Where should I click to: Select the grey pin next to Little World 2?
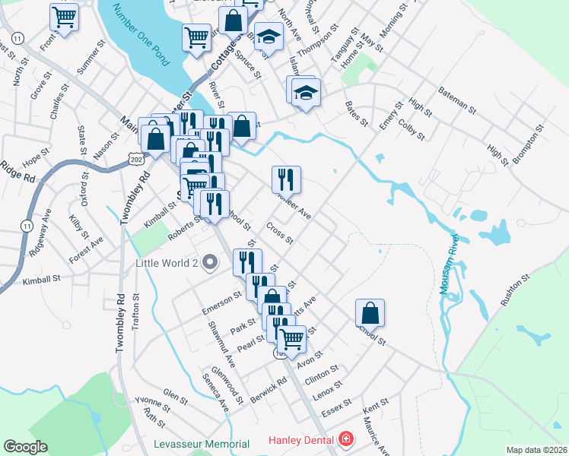[x=213, y=264]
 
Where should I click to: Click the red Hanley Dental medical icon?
[x=346, y=440]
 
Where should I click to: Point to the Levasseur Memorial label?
[x=201, y=444]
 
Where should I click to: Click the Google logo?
[x=25, y=447]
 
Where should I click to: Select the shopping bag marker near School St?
[x=370, y=312]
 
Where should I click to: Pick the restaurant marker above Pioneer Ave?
[x=286, y=179]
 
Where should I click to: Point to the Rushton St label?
[x=517, y=290]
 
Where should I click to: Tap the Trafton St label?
[x=136, y=314]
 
